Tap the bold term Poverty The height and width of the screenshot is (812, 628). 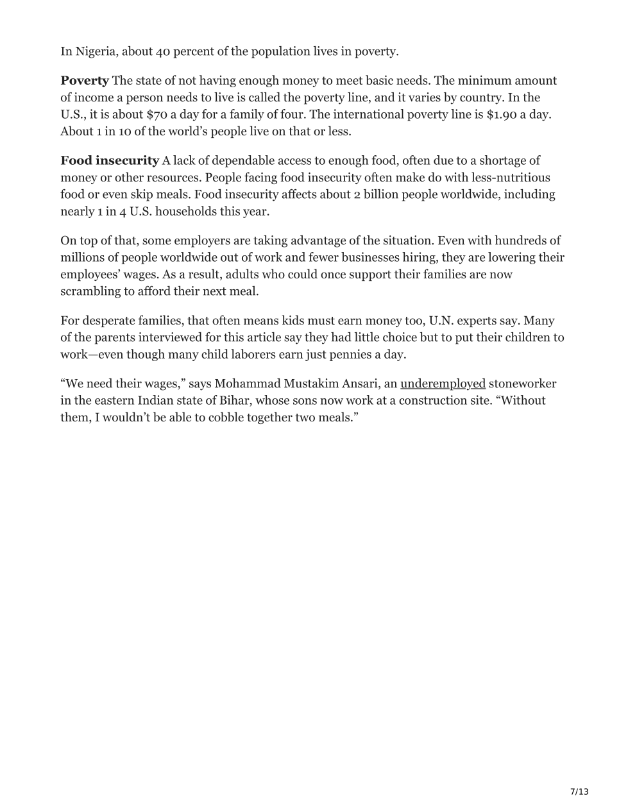point(85,81)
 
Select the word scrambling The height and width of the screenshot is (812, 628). point(90,291)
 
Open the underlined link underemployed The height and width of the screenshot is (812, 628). point(443,384)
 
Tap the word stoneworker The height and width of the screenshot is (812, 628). point(522,384)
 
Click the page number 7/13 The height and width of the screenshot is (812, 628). point(579,791)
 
